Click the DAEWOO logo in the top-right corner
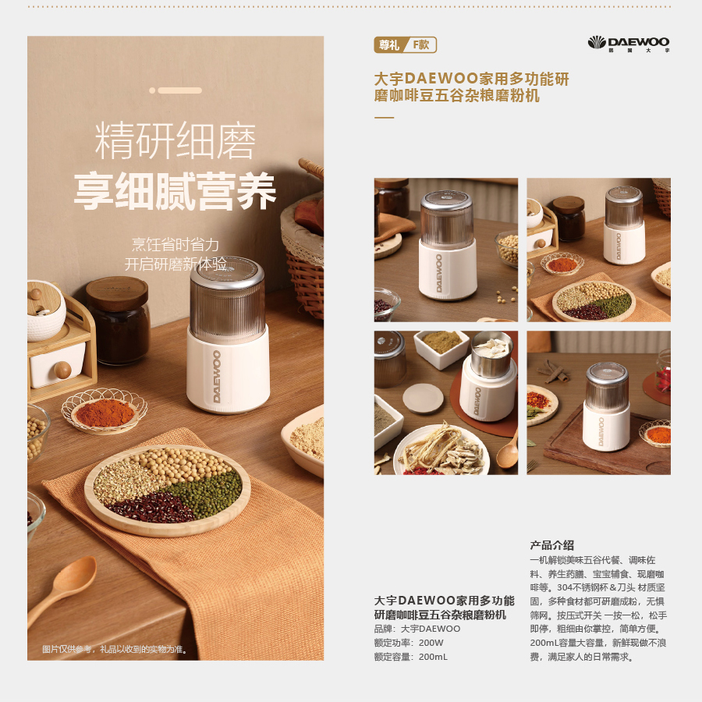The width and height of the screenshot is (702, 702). [x=629, y=44]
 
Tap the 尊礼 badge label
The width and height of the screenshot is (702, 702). [x=388, y=45]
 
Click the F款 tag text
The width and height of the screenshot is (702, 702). [x=421, y=44]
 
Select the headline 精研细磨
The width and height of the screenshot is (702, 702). [x=175, y=140]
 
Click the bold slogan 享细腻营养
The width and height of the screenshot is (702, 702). [x=175, y=191]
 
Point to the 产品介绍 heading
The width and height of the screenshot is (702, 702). [x=551, y=545]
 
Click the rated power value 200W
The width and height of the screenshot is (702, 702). [x=431, y=643]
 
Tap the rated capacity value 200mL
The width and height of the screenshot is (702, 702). [x=433, y=657]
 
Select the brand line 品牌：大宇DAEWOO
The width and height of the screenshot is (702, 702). [x=417, y=629]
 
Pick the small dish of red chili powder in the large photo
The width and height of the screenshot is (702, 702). [x=105, y=412]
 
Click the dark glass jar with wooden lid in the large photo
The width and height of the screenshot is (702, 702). [x=119, y=320]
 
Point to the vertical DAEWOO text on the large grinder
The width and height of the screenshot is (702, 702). [x=217, y=376]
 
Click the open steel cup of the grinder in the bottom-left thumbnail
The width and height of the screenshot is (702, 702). [x=491, y=353]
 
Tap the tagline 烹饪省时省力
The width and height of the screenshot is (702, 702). [x=175, y=244]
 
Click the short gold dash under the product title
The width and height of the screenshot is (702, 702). [x=384, y=118]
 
